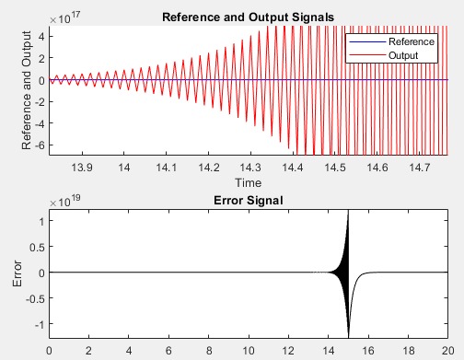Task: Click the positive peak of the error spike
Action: (x=348, y=213)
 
